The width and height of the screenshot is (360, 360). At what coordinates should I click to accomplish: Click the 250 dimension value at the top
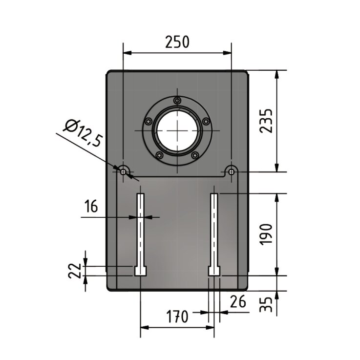[177, 42]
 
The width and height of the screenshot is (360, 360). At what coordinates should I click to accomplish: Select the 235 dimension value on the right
[266, 121]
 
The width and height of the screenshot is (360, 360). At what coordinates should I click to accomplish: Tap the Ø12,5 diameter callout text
[83, 133]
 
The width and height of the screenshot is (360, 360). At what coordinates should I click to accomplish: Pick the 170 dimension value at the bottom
[177, 318]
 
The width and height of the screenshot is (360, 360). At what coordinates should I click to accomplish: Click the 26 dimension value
[238, 302]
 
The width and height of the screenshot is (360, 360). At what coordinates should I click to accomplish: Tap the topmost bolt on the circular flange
[177, 100]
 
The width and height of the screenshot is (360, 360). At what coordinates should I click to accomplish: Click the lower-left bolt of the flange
[159, 155]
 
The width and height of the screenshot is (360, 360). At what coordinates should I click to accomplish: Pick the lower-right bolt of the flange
[195, 155]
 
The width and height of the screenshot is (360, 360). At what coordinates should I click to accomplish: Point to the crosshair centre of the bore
[177, 130]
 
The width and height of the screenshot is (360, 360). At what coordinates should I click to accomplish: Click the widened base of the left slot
[140, 271]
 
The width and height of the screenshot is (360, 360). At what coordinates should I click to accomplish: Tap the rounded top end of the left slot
[140, 195]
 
